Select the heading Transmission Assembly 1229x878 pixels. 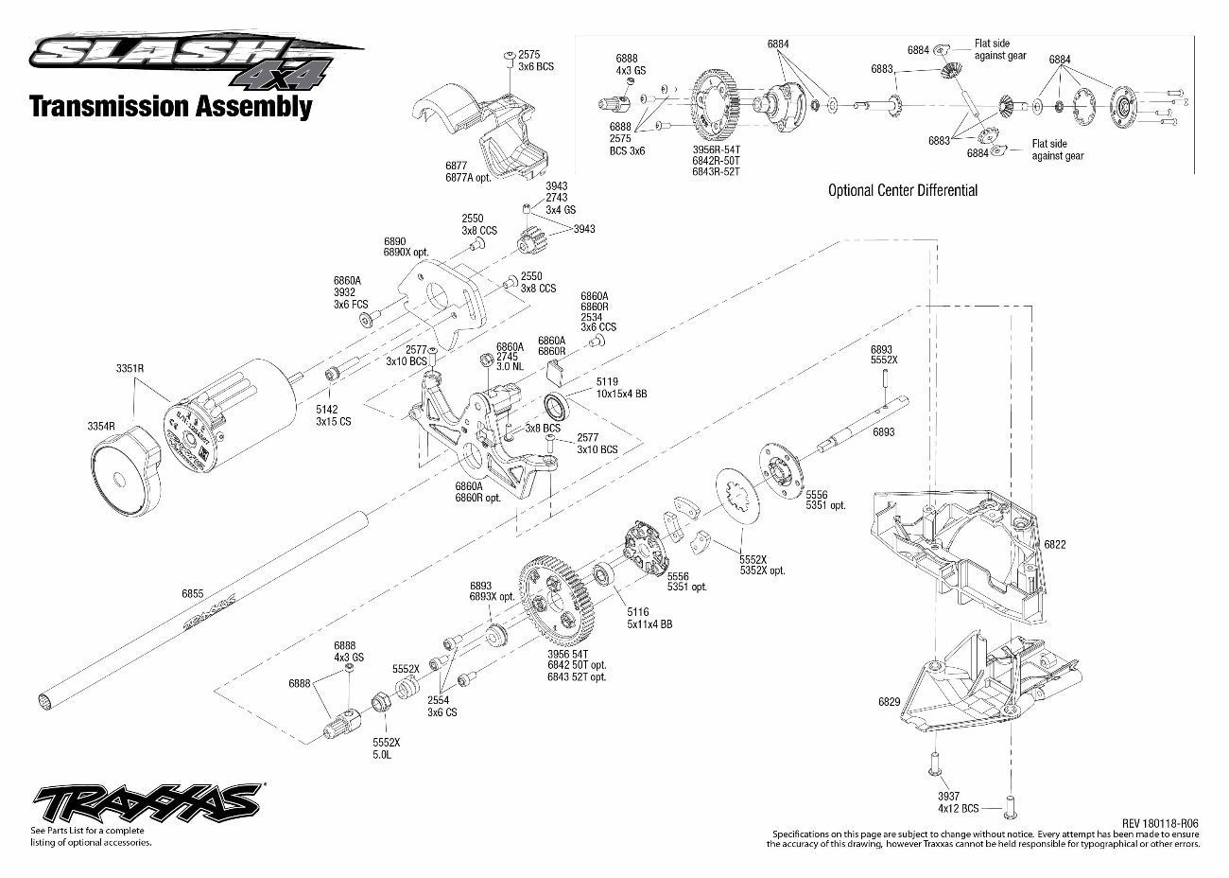[170, 106]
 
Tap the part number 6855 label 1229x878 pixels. [192, 594]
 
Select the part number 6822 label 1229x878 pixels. [1054, 545]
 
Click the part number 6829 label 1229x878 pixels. [889, 702]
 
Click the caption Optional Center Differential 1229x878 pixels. [902, 190]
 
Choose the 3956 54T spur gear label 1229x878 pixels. [576, 665]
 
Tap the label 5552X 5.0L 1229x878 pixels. [386, 747]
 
